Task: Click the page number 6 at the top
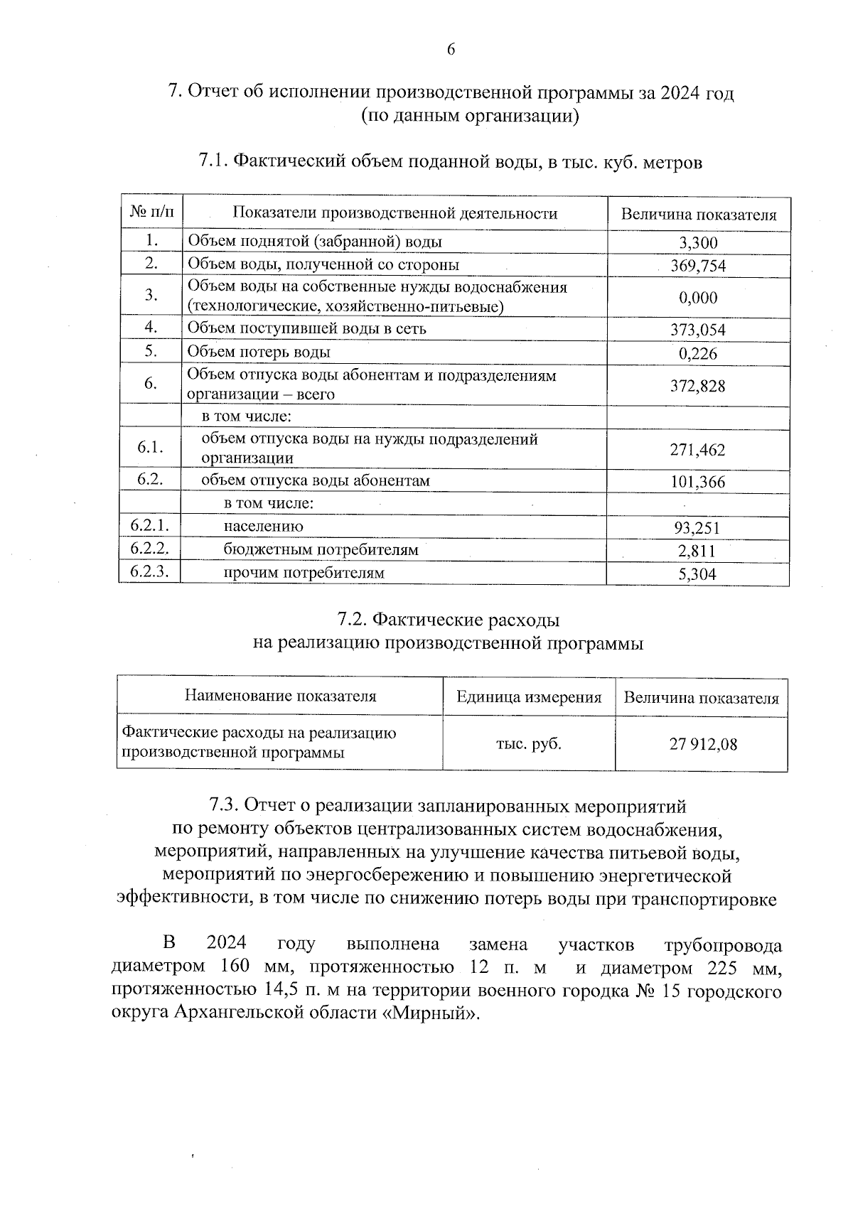pyautogui.click(x=451, y=49)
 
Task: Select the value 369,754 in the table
pyautogui.click(x=698, y=266)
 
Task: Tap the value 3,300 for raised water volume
pyautogui.click(x=698, y=243)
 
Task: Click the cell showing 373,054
pyautogui.click(x=698, y=330)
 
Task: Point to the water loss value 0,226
pyautogui.click(x=698, y=353)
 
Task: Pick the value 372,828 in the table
pyautogui.click(x=698, y=386)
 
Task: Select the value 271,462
pyautogui.click(x=698, y=450)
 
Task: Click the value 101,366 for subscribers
pyautogui.click(x=698, y=482)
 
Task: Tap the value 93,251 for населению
pyautogui.click(x=698, y=527)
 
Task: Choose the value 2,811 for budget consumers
pyautogui.click(x=698, y=551)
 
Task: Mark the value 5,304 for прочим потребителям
pyautogui.click(x=698, y=574)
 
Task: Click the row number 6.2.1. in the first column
pyautogui.click(x=150, y=525)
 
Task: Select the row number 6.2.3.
pyautogui.click(x=150, y=571)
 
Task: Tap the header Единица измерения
pyautogui.click(x=529, y=697)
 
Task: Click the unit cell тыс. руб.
pyautogui.click(x=529, y=744)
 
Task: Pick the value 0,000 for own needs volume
pyautogui.click(x=698, y=298)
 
